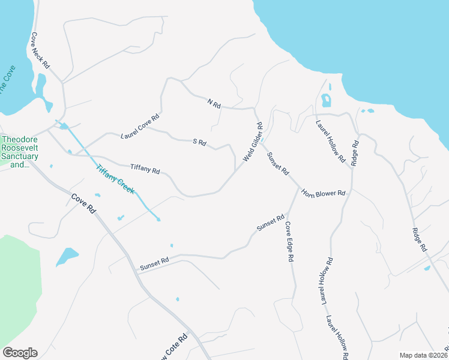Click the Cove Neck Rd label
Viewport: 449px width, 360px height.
pyautogui.click(x=41, y=50)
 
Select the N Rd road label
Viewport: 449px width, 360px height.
pyautogui.click(x=214, y=104)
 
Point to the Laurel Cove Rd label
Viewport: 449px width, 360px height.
pyautogui.click(x=140, y=126)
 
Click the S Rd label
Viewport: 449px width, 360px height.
pyautogui.click(x=199, y=142)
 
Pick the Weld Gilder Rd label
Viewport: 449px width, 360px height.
pyautogui.click(x=253, y=142)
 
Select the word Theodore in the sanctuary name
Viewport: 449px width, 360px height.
pyautogui.click(x=20, y=140)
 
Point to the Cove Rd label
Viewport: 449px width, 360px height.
pyautogui.click(x=83, y=203)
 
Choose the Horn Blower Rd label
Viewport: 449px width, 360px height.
pyautogui.click(x=324, y=193)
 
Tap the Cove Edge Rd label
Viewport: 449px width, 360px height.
pyautogui.click(x=289, y=241)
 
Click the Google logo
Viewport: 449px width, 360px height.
pyautogui.click(x=20, y=353)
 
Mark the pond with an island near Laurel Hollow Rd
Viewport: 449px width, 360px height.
pyautogui.click(x=327, y=100)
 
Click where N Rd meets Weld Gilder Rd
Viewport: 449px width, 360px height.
pyautogui.click(x=255, y=109)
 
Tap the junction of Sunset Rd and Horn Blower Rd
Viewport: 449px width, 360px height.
pyautogui.click(x=298, y=187)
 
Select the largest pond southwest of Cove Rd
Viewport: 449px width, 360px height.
pyautogui.click(x=67, y=256)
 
